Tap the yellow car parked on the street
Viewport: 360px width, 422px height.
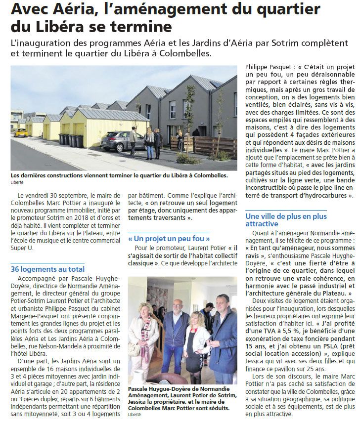point(20,132)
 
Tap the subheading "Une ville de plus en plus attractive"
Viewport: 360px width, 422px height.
point(286,220)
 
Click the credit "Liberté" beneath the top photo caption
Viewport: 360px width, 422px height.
point(17,182)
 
